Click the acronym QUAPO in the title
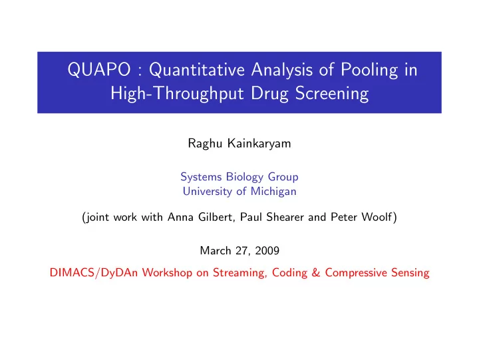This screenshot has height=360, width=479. click(99, 70)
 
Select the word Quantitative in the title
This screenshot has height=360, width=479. click(197, 70)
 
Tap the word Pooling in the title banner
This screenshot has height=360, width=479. click(369, 71)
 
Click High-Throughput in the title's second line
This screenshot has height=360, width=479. click(177, 94)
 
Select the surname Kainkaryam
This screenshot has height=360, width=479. click(259, 144)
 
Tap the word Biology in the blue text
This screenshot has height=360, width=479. click(245, 177)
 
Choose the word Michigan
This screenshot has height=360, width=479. click(273, 192)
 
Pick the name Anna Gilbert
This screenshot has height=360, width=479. click(201, 217)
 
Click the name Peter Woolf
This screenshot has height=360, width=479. click(361, 217)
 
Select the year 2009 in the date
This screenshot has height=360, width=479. click(267, 251)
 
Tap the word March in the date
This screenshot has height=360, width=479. click(216, 251)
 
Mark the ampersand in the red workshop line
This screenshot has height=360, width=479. click(316, 273)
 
